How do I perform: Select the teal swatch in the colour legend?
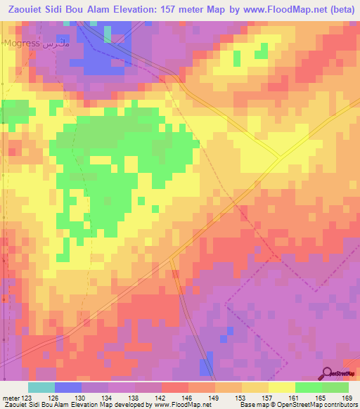pyautogui.click(x=41, y=387)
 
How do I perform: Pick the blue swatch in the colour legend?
pyautogui.click(x=68, y=387)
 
